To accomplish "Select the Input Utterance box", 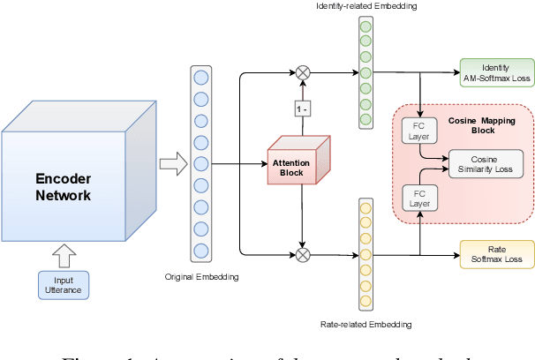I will (x=63, y=284).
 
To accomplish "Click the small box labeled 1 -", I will (x=303, y=109).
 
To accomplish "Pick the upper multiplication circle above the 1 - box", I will (x=303, y=73).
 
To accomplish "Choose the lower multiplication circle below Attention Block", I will (x=303, y=255).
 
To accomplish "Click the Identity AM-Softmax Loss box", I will (x=496, y=73).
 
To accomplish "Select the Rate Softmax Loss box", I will (x=496, y=254).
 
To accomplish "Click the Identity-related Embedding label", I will (x=365, y=7).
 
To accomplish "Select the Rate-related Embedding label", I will (x=366, y=325).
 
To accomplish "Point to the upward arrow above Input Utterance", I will (x=63, y=256).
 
